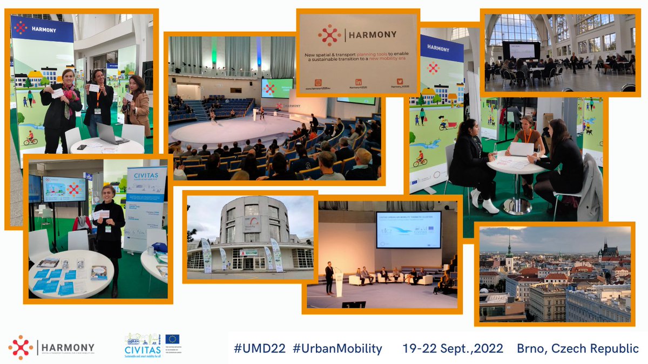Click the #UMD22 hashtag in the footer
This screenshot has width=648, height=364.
coord(259,348)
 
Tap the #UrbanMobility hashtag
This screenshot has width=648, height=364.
coord(337,348)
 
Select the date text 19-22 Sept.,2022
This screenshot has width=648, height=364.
coord(453,348)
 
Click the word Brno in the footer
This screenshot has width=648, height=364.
coord(533,348)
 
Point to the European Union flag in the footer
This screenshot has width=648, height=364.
coord(173,339)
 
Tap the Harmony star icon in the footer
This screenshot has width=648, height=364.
coord(21,347)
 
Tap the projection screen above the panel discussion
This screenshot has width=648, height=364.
coord(408,230)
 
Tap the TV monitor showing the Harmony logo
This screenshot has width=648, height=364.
coord(64,189)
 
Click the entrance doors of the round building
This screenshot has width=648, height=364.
coord(248,263)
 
